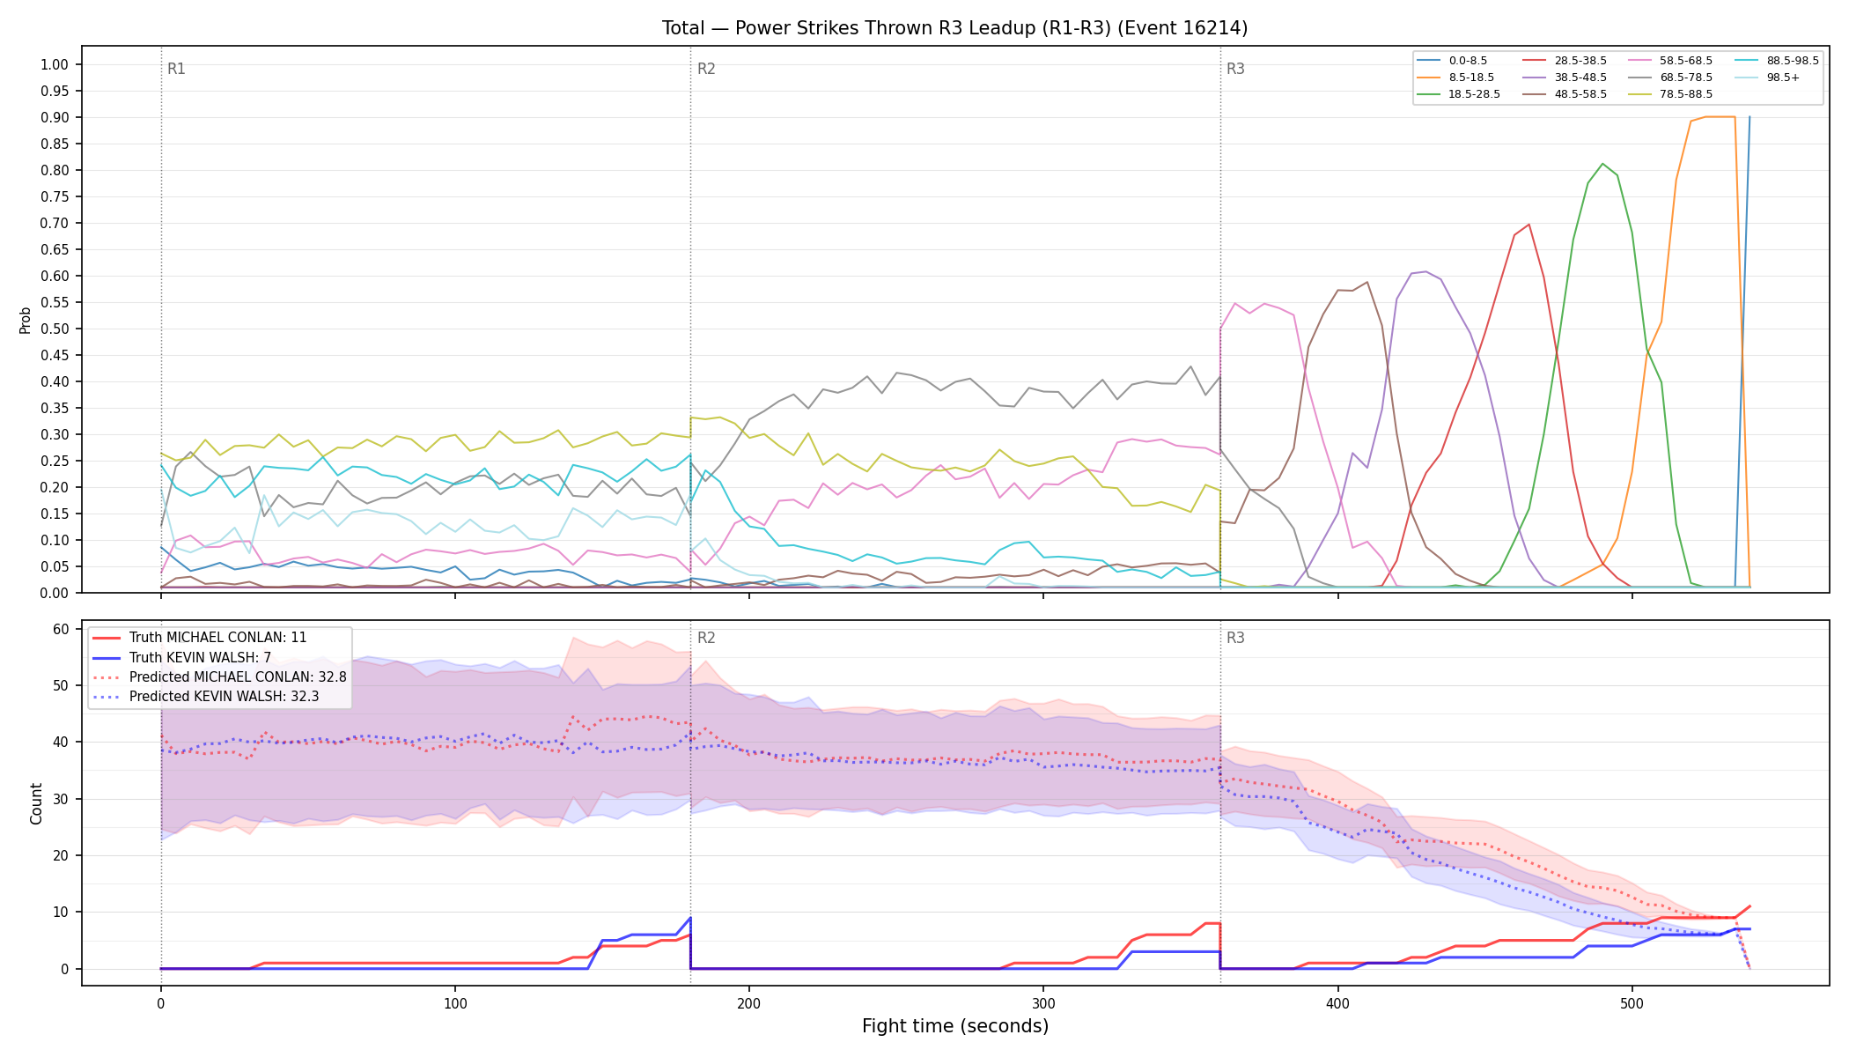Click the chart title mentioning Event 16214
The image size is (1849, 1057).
tap(954, 28)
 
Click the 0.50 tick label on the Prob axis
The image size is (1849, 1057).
tap(55, 329)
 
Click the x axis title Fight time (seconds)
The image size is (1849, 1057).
tap(955, 1026)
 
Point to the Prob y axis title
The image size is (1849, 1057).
tap(26, 320)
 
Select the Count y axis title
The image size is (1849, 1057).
tap(36, 803)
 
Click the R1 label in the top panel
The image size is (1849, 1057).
tap(176, 69)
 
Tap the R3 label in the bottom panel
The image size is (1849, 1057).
tap(1235, 638)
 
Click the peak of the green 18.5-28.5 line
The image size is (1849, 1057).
tap(1602, 164)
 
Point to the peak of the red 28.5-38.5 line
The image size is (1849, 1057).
tap(1529, 224)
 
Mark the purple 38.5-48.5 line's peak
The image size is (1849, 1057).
tap(1425, 271)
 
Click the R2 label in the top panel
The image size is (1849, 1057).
tap(706, 69)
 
